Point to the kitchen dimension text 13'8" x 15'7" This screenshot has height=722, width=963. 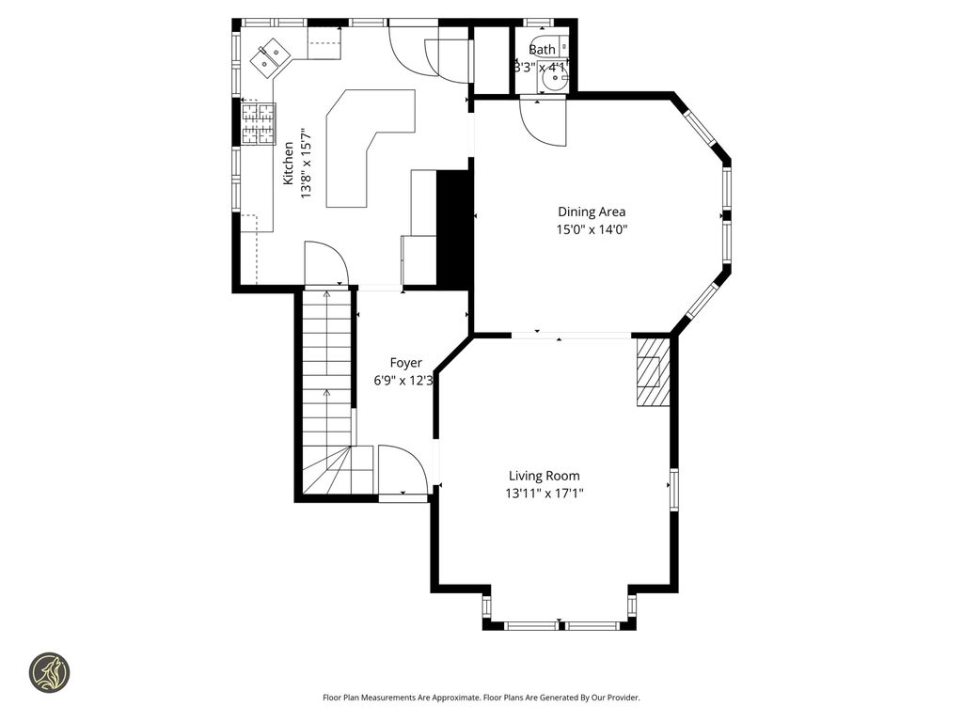point(305,163)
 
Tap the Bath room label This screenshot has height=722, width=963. point(542,50)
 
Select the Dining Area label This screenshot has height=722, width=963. point(592,212)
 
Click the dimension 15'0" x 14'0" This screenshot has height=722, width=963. point(592,228)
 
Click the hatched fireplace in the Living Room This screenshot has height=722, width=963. point(652,371)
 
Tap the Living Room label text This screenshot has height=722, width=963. point(545,476)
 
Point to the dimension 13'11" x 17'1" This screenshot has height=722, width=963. point(545,493)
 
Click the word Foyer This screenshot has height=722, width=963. point(406,363)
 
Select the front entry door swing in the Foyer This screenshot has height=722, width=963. point(403,470)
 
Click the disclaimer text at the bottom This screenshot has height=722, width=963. point(481,698)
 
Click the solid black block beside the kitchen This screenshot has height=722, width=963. point(454,226)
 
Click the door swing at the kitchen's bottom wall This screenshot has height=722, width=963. point(325,263)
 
